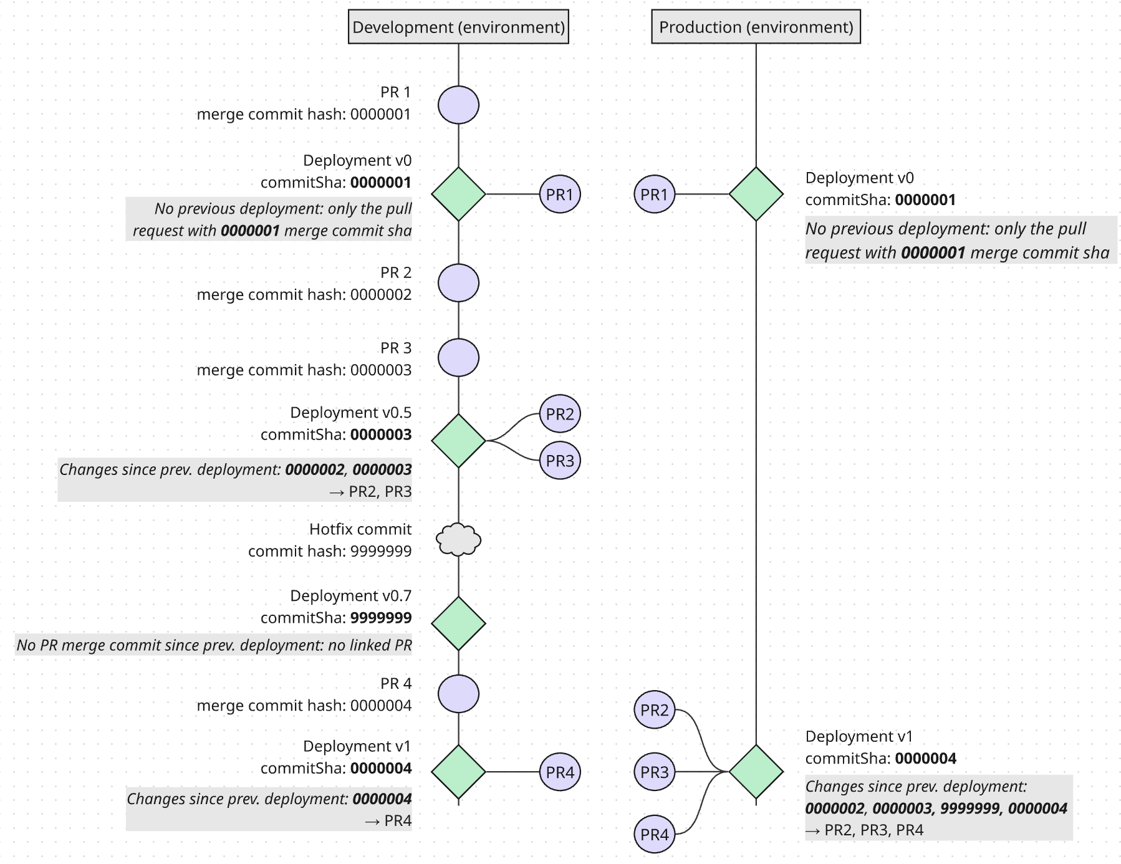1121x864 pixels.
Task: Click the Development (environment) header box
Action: [458, 27]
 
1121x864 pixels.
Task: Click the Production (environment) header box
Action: [756, 27]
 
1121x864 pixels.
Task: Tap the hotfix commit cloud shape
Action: [458, 540]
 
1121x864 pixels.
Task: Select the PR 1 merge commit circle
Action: [458, 105]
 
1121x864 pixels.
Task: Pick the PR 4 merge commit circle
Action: [458, 694]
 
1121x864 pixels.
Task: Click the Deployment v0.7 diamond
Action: [458, 623]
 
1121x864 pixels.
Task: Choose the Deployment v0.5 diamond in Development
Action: [458, 441]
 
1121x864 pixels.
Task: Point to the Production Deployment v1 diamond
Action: [756, 772]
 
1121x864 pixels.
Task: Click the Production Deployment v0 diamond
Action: [756, 194]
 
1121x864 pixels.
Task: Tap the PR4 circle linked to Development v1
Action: [560, 772]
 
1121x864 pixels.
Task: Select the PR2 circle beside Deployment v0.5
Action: [560, 413]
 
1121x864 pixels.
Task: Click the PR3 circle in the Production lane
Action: [654, 772]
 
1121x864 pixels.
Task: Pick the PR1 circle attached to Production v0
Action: [654, 194]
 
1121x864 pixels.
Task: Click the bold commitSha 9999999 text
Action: [381, 618]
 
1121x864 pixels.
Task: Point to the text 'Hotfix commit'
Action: [360, 529]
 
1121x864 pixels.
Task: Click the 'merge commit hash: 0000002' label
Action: [304, 294]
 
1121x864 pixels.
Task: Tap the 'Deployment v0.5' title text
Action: [350, 413]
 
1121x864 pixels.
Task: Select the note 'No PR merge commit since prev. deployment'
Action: [214, 645]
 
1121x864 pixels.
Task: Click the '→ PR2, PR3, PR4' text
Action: [864, 830]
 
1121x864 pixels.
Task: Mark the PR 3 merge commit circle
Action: [458, 358]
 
